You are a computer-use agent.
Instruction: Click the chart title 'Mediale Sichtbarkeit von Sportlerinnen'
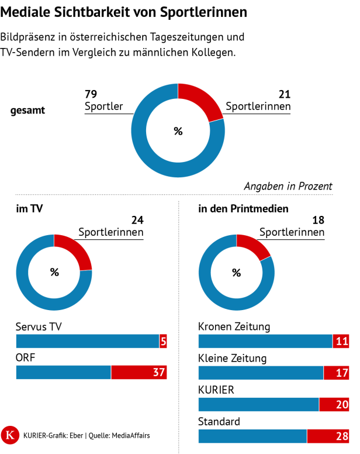(124, 12)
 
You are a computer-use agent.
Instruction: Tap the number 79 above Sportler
(91, 94)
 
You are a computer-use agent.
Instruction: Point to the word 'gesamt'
(28, 110)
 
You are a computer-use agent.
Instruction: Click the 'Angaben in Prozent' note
(288, 186)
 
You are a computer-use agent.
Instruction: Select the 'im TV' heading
(29, 208)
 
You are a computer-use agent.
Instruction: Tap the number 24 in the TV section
(137, 221)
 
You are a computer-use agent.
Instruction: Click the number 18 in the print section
(319, 221)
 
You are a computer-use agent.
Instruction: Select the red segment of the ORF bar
(139, 372)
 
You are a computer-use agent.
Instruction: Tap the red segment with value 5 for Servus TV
(163, 342)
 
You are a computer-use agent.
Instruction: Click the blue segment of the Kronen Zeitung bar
(265, 342)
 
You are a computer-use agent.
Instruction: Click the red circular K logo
(11, 435)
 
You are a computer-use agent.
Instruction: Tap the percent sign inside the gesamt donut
(178, 130)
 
